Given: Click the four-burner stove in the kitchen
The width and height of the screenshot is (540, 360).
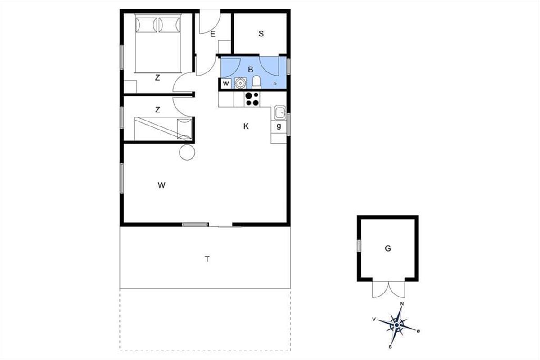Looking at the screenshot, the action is pyautogui.click(x=252, y=99).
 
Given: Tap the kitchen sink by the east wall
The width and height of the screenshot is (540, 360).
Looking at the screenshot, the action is pyautogui.click(x=280, y=112).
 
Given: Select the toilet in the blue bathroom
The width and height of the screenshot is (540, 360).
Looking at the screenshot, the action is pyautogui.click(x=256, y=82).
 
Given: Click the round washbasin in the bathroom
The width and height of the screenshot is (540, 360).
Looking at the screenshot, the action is pyautogui.click(x=240, y=83).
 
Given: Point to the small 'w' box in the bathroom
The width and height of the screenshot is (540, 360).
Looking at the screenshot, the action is pyautogui.click(x=226, y=84).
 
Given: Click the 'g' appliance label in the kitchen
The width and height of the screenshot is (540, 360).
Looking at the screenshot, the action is pyautogui.click(x=279, y=126).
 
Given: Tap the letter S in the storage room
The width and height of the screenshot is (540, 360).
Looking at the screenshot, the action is pyautogui.click(x=261, y=34).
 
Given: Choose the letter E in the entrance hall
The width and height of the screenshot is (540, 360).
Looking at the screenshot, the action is pyautogui.click(x=212, y=34).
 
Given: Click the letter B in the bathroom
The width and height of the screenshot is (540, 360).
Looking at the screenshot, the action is pyautogui.click(x=251, y=69).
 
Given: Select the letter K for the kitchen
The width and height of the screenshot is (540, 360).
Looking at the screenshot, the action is pyautogui.click(x=246, y=126).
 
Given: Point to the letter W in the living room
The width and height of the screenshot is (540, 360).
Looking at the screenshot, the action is pyautogui.click(x=162, y=185).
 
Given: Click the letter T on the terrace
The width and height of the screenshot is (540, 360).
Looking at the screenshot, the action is pyautogui.click(x=207, y=259).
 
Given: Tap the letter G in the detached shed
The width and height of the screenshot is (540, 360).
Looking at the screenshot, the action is pyautogui.click(x=388, y=248).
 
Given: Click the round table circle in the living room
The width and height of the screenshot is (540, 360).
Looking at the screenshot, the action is pyautogui.click(x=187, y=153).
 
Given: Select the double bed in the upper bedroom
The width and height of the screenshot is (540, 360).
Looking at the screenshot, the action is pyautogui.click(x=158, y=43).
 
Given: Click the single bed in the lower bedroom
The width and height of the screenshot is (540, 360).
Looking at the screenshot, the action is pyautogui.click(x=163, y=129).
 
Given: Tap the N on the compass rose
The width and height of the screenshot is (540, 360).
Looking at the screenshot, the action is pyautogui.click(x=402, y=304).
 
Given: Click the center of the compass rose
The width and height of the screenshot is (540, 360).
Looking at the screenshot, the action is pyautogui.click(x=396, y=325).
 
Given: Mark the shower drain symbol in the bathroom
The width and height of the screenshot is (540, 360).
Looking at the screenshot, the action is pyautogui.click(x=275, y=84).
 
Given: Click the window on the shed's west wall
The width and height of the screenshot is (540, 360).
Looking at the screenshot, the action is pyautogui.click(x=359, y=246).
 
